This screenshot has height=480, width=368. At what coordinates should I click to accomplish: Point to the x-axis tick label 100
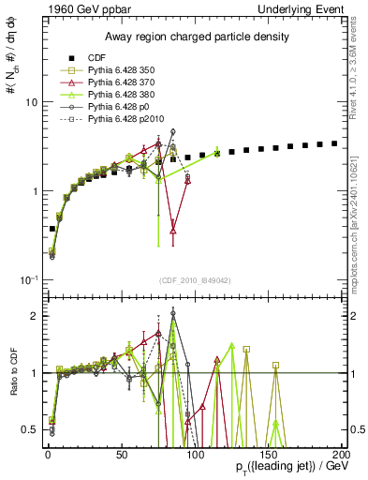tap(194, 454)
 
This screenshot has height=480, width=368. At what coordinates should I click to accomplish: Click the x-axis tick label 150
tap(268, 454)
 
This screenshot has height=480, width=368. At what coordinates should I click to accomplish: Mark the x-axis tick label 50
tap(121, 454)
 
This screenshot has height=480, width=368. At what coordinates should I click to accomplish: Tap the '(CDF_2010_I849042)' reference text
tap(195, 280)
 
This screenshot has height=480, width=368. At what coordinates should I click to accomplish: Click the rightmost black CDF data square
tap(334, 143)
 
